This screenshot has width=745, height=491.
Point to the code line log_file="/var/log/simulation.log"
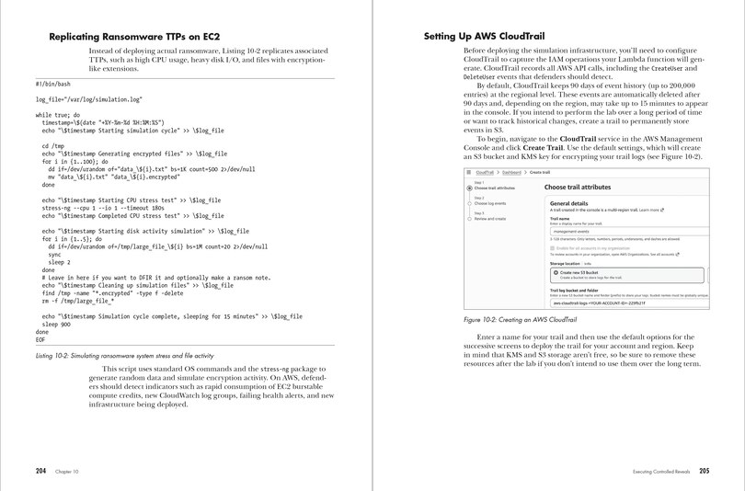coord(89,98)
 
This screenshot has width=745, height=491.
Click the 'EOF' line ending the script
coord(41,338)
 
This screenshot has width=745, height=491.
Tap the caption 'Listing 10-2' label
coord(59,355)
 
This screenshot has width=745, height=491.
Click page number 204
coord(41,470)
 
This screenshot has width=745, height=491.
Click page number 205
coord(704,471)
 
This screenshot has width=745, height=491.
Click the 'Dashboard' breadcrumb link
coord(512,172)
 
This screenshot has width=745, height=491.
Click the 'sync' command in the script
coord(54,255)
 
